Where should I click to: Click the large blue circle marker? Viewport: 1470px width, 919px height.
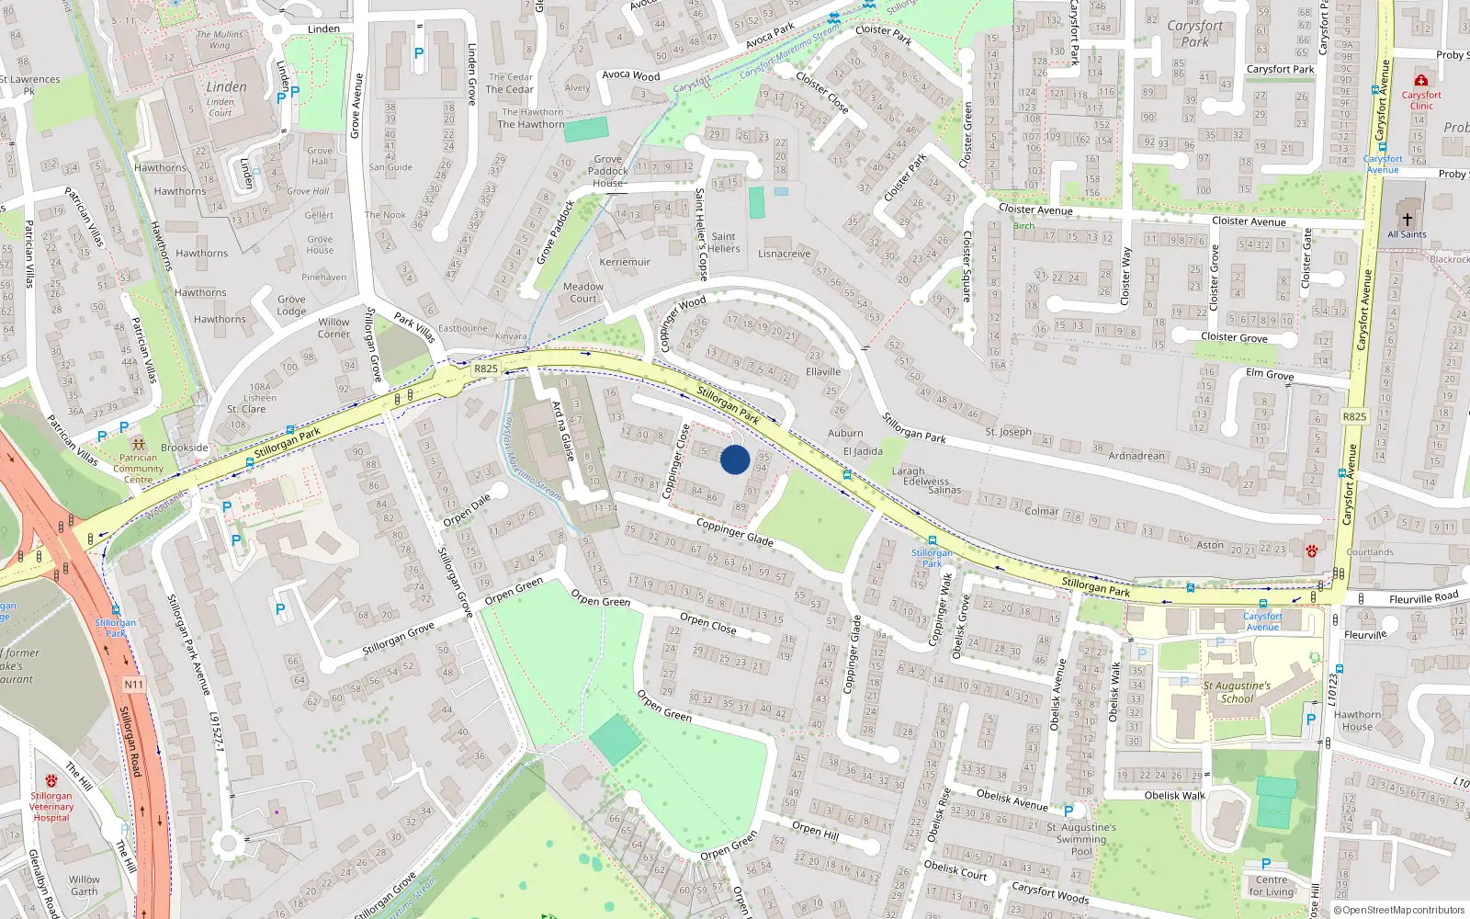point(735,459)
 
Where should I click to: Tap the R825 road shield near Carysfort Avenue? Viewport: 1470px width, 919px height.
point(1354,416)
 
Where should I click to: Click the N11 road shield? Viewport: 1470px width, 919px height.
point(133,685)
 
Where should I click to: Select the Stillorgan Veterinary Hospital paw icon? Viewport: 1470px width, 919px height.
point(51,781)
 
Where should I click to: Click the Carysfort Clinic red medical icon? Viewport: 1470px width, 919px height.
point(1421,80)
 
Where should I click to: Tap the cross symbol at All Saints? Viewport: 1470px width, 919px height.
point(1407,220)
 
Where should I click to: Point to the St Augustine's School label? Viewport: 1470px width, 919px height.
point(1237,692)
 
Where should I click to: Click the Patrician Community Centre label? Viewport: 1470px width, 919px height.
point(138,469)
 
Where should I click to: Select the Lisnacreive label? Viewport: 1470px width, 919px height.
point(785,254)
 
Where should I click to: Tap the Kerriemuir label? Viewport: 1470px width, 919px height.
point(625,262)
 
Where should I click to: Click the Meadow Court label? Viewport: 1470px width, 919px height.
point(583,292)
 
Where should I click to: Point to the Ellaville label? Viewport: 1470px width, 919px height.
point(823,372)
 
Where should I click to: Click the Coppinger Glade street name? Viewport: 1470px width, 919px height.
point(734,532)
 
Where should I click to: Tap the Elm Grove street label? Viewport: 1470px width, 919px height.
point(1270,375)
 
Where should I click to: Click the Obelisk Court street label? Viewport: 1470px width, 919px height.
point(955,869)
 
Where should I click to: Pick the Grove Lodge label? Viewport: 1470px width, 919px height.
point(292,305)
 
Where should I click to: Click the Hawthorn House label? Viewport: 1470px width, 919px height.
point(1357,720)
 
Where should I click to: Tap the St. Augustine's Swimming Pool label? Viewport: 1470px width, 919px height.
point(1081,839)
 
